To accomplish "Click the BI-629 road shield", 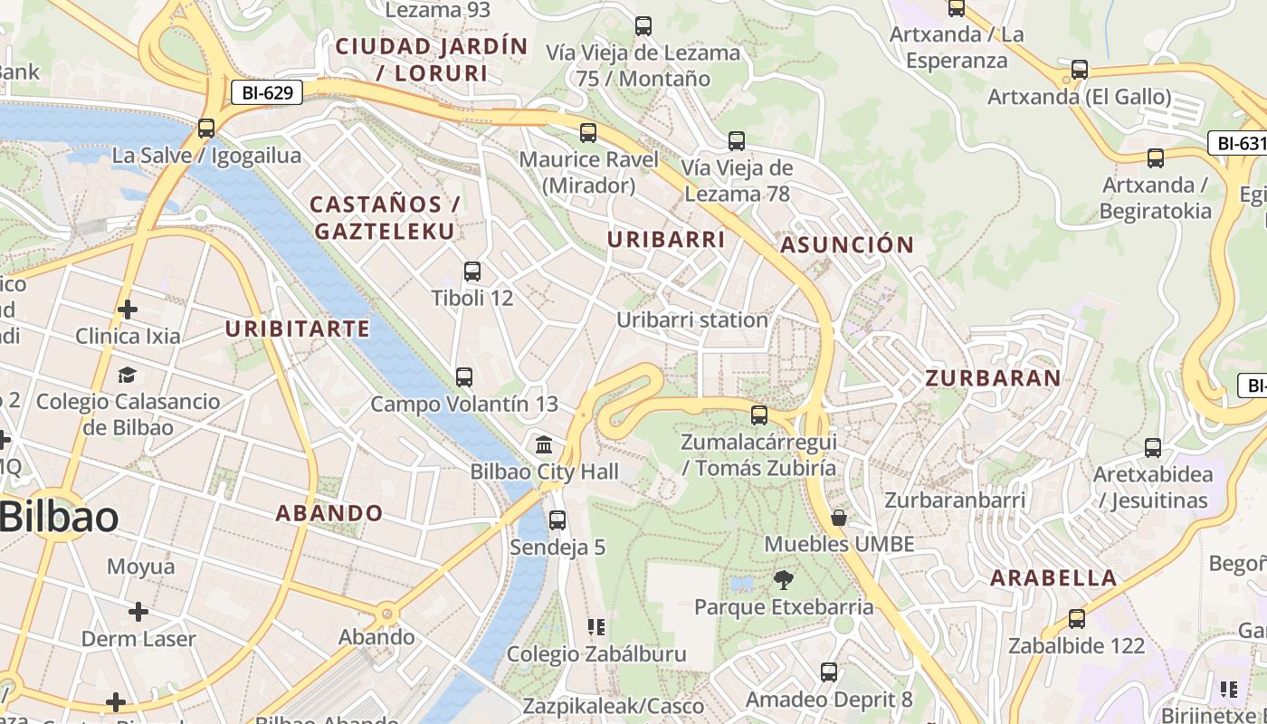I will (266, 92).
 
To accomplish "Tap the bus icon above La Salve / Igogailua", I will (206, 129).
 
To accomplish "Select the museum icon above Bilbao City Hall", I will (544, 444).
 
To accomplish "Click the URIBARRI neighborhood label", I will (666, 240).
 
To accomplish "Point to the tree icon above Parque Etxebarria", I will (784, 580).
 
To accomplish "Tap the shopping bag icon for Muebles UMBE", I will (839, 518).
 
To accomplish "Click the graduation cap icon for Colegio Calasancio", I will (127, 375).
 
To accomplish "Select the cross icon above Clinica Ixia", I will (128, 310).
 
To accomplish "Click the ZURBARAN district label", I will (993, 378).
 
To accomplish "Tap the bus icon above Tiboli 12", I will (472, 271).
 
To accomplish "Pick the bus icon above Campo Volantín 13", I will (464, 377).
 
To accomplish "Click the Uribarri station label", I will (692, 319).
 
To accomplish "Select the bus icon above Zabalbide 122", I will (1076, 620).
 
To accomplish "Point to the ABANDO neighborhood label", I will (329, 513).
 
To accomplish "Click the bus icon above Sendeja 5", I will (557, 520).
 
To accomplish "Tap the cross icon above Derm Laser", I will (138, 612).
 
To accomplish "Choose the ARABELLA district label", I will (1053, 577).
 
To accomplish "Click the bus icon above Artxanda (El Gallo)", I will (1079, 70).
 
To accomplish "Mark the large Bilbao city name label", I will (60, 518).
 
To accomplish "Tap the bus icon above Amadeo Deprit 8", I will (829, 672).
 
